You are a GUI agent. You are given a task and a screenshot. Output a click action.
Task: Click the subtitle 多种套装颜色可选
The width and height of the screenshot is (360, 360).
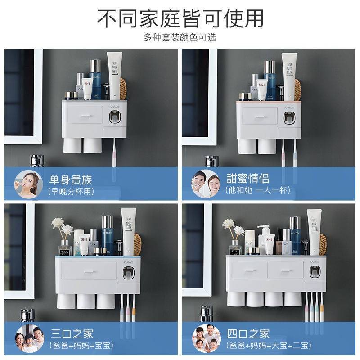click(x=180, y=37)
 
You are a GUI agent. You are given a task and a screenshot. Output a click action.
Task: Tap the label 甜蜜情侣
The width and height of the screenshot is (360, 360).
click(x=247, y=179)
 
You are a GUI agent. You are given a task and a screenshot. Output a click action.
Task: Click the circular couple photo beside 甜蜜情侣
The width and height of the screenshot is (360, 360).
click(x=206, y=184)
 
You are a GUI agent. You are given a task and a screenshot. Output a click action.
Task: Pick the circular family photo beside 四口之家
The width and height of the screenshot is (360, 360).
click(x=206, y=339)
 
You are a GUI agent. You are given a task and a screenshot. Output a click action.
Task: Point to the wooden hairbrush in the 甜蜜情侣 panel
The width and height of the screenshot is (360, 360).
click(x=298, y=90)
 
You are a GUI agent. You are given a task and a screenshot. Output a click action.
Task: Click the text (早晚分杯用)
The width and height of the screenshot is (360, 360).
click(x=71, y=191)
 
